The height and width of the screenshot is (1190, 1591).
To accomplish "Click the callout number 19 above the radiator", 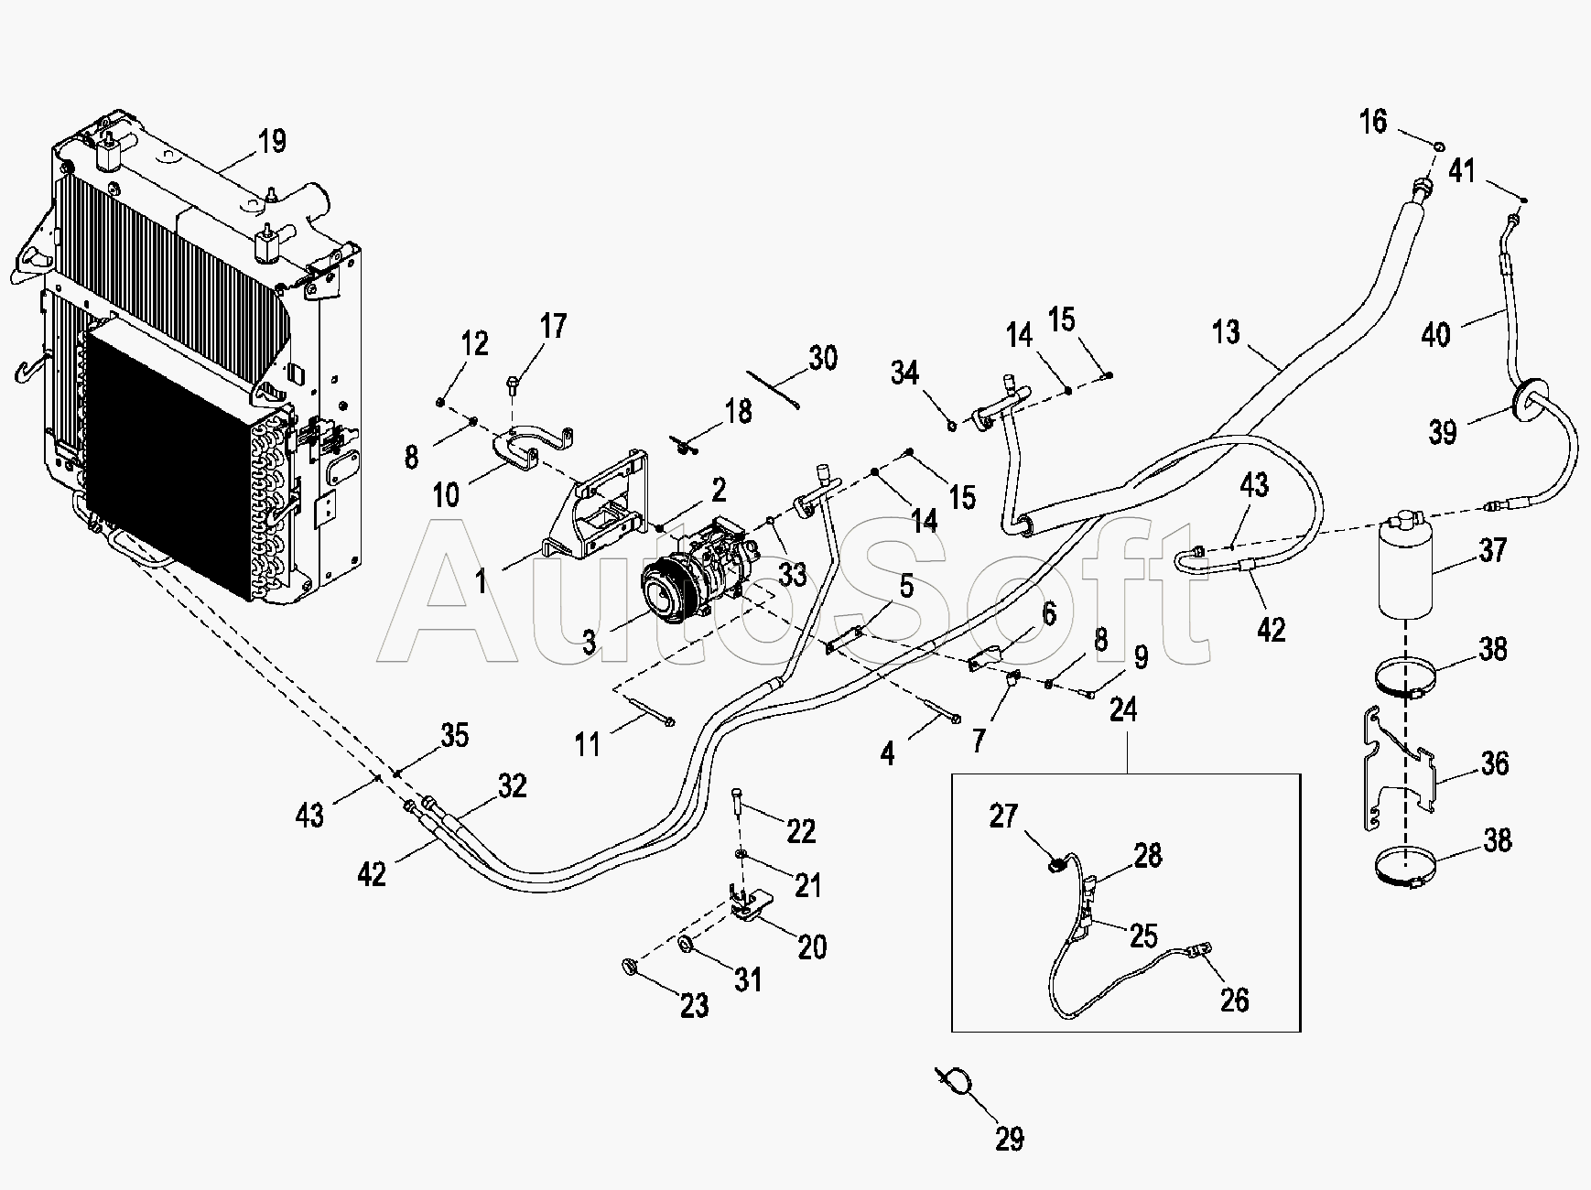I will (x=272, y=141).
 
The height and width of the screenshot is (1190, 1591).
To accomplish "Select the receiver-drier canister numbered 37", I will (x=1405, y=568).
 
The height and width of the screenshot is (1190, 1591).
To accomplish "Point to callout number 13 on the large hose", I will (x=1226, y=331).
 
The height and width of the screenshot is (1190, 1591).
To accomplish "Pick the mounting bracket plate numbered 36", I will (x=1396, y=769).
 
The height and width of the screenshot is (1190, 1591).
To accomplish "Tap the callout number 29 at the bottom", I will (x=1009, y=1139).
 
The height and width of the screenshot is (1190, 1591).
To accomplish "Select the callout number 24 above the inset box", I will (x=1123, y=709).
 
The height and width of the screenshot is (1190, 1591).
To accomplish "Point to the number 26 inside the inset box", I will (x=1234, y=1000).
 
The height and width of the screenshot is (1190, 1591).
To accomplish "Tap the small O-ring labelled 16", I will (x=1439, y=146).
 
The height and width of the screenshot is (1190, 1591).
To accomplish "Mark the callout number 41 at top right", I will (x=1462, y=171).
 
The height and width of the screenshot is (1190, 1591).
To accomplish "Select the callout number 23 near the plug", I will (x=695, y=1005).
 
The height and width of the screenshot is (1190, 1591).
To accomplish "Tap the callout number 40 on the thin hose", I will (x=1435, y=334).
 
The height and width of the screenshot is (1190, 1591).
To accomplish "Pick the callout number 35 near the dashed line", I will (x=454, y=735).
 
